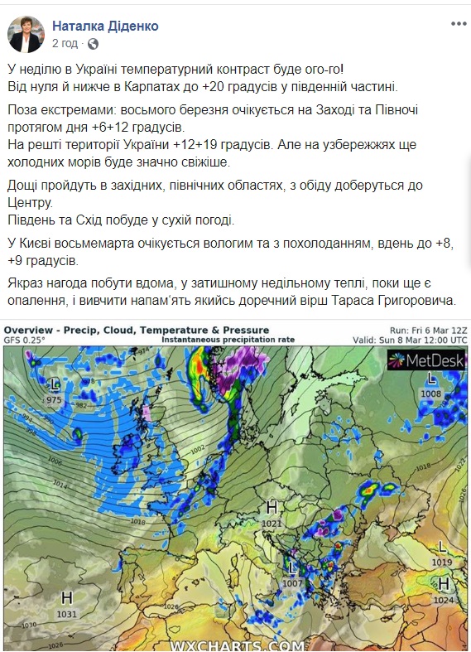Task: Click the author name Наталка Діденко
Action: coord(105,27)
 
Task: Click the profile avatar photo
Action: coord(26,34)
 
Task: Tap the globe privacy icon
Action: coord(93,43)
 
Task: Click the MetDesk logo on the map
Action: coord(427,360)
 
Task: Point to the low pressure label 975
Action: coord(54,400)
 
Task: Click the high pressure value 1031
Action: coord(67,614)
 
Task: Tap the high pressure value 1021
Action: coord(271,524)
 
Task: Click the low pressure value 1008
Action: coord(430,394)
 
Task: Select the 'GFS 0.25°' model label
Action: coord(25,340)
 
